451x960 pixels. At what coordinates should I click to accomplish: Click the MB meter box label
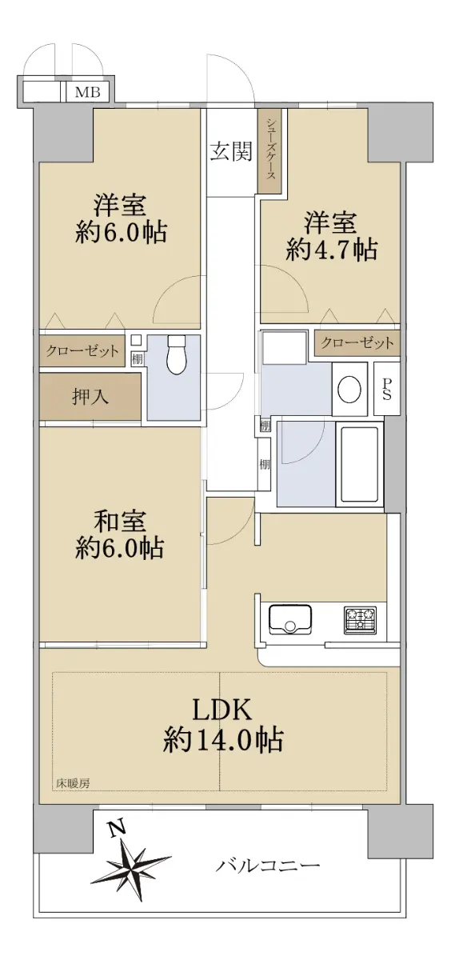pyautogui.click(x=87, y=92)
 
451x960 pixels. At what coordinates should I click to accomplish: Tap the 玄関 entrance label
pyautogui.click(x=231, y=151)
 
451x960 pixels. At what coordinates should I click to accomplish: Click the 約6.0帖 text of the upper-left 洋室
pyautogui.click(x=121, y=233)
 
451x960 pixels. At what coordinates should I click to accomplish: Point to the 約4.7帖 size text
pyautogui.click(x=331, y=250)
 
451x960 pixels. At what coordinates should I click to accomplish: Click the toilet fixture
pyautogui.click(x=176, y=354)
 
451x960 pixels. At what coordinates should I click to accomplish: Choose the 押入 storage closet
pyautogui.click(x=90, y=397)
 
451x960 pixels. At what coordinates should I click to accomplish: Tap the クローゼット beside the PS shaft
pyautogui.click(x=357, y=343)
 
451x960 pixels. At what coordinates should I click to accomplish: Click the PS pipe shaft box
pyautogui.click(x=387, y=389)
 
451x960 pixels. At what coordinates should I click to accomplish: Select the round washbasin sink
pyautogui.click(x=349, y=389)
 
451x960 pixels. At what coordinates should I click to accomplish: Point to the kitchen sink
pyautogui.click(x=290, y=619)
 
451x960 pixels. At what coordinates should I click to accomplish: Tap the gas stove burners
pyautogui.click(x=360, y=620)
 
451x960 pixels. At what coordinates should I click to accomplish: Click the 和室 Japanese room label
pyautogui.click(x=120, y=521)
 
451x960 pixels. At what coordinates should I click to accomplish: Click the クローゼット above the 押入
pyautogui.click(x=82, y=351)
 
